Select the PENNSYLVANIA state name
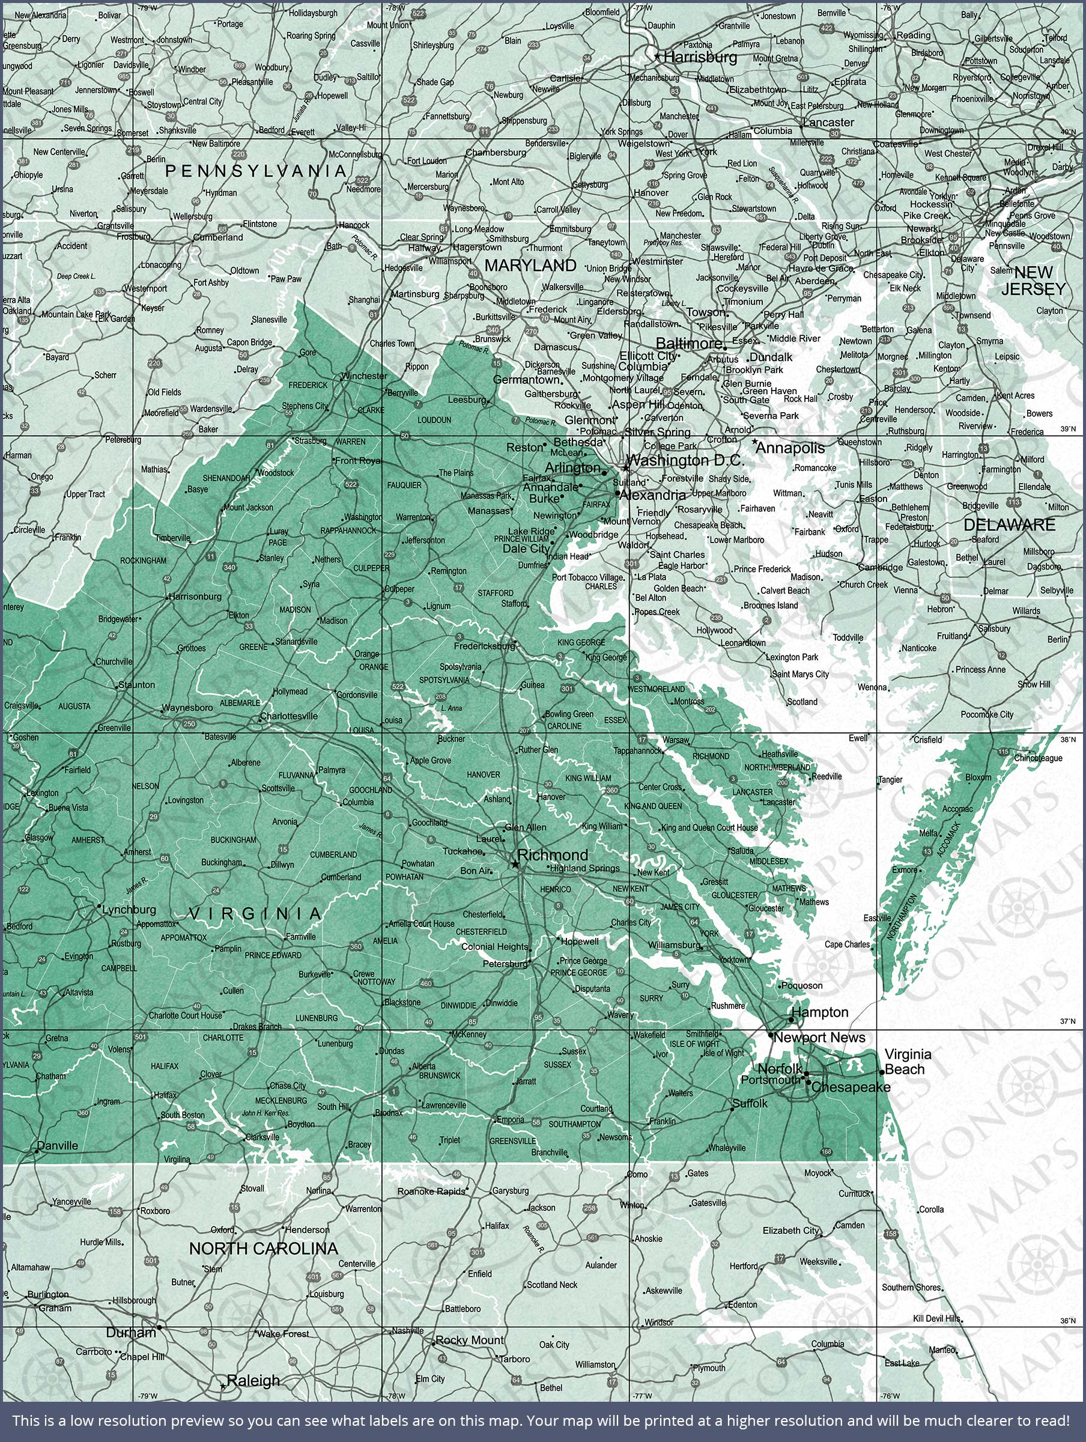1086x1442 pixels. coord(255,171)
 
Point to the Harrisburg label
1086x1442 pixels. coord(700,57)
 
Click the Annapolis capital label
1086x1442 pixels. coord(790,448)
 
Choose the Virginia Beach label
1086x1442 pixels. coord(908,1061)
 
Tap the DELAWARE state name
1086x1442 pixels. coord(1009,525)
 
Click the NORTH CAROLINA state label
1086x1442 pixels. coord(263,1249)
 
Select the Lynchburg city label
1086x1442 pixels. coord(129,910)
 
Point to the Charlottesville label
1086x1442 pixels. coord(289,716)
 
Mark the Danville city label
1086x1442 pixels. coord(58,1145)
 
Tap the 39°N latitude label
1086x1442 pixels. coord(1067,430)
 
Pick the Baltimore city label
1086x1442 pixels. coord(688,343)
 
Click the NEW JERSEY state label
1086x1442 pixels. coord(1033,281)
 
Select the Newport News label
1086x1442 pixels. coord(819,1037)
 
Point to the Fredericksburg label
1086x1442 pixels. coord(484,646)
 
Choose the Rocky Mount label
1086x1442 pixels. coord(469,1340)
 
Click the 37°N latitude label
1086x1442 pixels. coord(1067,1021)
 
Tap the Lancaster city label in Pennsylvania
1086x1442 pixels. coord(828,122)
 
